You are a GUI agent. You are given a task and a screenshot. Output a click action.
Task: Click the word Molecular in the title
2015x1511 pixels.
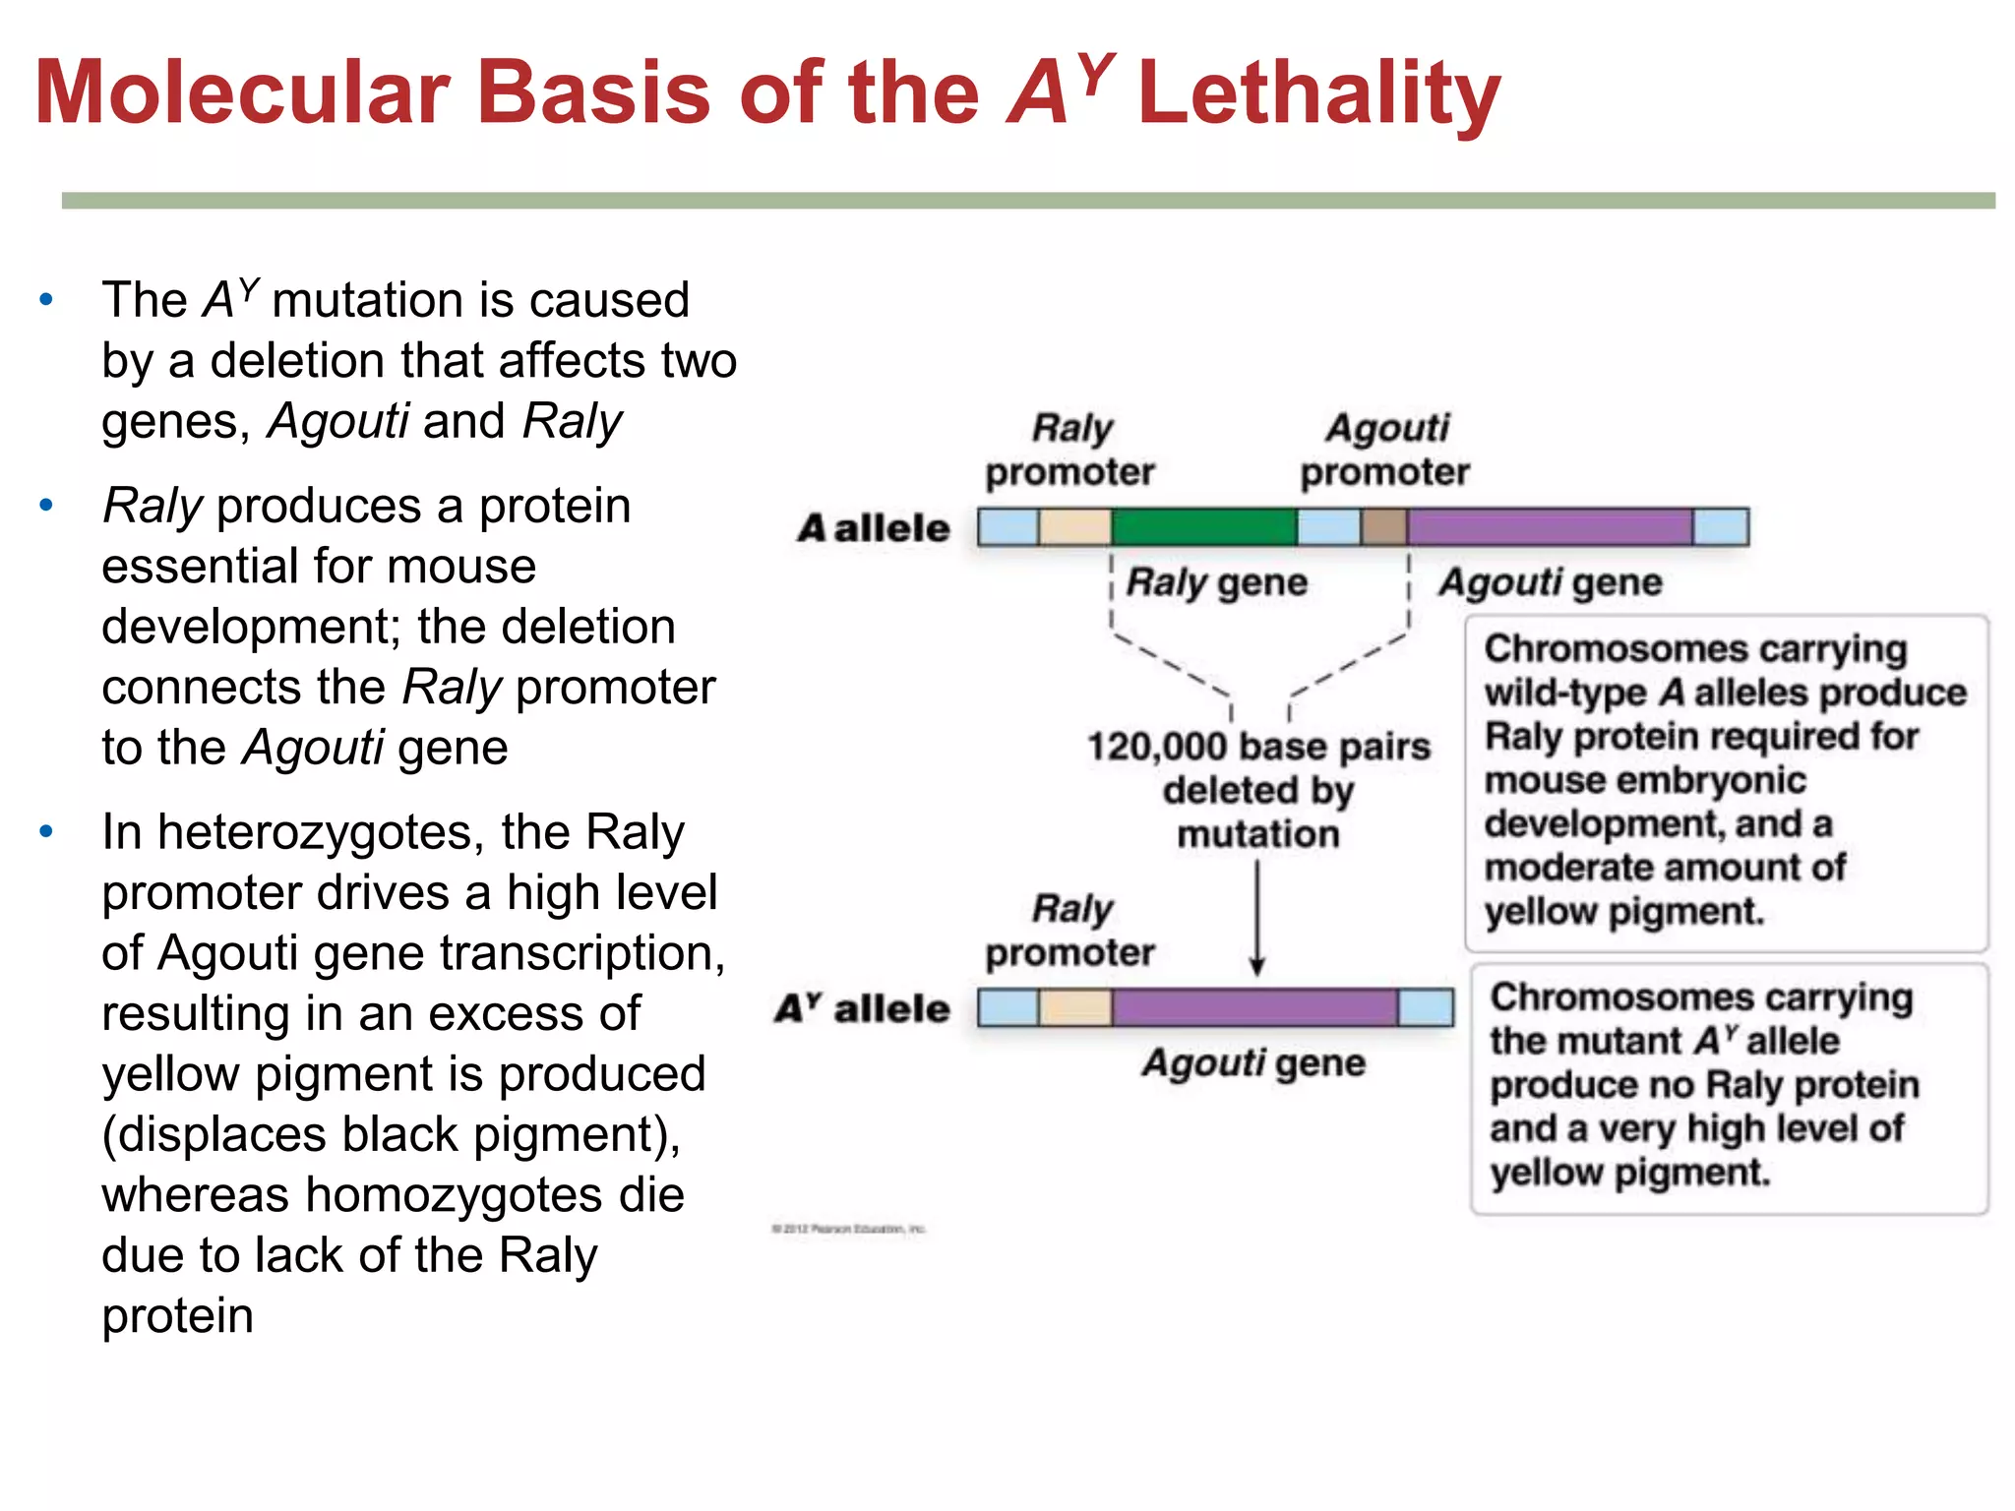click(242, 93)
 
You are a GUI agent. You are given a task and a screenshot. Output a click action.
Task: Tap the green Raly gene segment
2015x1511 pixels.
click(1203, 527)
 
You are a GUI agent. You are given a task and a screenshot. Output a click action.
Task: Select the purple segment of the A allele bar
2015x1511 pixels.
click(1550, 527)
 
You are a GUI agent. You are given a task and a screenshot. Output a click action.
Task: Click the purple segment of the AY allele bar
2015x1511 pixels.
click(1254, 1007)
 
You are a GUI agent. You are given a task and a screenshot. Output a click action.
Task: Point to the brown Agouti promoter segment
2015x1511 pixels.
click(1383, 527)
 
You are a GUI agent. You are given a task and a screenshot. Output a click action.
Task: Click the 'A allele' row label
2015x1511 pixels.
click(874, 528)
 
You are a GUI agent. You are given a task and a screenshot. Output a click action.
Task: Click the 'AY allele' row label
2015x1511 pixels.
click(862, 1008)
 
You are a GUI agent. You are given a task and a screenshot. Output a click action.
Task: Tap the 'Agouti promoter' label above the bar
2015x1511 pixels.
click(1385, 450)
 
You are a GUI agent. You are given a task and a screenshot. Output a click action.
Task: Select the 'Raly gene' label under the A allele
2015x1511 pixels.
click(1216, 582)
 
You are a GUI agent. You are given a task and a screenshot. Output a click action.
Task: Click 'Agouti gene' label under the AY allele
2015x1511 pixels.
click(1253, 1063)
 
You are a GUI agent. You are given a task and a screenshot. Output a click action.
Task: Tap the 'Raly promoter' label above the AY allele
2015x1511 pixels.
click(1070, 930)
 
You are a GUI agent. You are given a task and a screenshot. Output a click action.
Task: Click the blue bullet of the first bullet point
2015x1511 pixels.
click(46, 299)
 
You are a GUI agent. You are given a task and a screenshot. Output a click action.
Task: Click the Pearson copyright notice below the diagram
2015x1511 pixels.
click(849, 1229)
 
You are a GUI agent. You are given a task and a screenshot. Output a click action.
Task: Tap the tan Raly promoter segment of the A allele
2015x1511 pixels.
click(1074, 527)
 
